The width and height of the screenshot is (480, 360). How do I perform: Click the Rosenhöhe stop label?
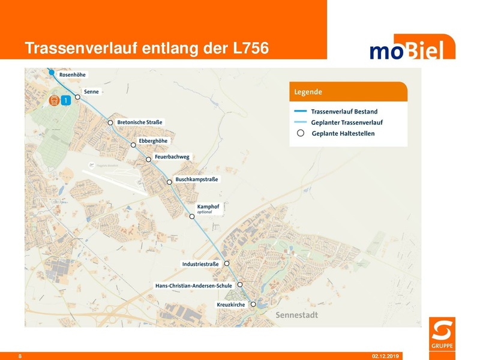tap(73, 75)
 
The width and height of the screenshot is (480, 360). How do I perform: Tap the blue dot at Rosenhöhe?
tap(52, 73)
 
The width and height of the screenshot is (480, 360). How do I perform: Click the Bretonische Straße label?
tap(140, 122)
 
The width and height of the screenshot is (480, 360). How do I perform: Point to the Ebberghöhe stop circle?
tap(133, 145)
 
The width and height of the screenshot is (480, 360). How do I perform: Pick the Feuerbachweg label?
tap(172, 157)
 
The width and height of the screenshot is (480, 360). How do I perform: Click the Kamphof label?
tap(208, 206)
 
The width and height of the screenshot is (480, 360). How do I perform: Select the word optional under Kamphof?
tap(205, 212)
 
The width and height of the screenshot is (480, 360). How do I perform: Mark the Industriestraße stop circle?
tap(227, 264)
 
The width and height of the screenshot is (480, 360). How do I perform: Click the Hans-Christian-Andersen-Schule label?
tap(193, 286)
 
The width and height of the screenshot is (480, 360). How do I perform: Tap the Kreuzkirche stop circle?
tap(253, 304)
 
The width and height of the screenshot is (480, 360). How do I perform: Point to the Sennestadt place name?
tap(296, 315)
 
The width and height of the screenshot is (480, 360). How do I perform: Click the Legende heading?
tap(308, 92)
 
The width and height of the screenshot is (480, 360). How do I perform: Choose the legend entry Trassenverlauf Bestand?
tap(344, 111)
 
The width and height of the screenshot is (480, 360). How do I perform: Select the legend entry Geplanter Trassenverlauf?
tap(347, 122)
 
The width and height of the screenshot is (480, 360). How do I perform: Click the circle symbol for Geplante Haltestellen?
tap(301, 133)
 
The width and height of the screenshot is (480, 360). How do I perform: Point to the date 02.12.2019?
tap(386, 356)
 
